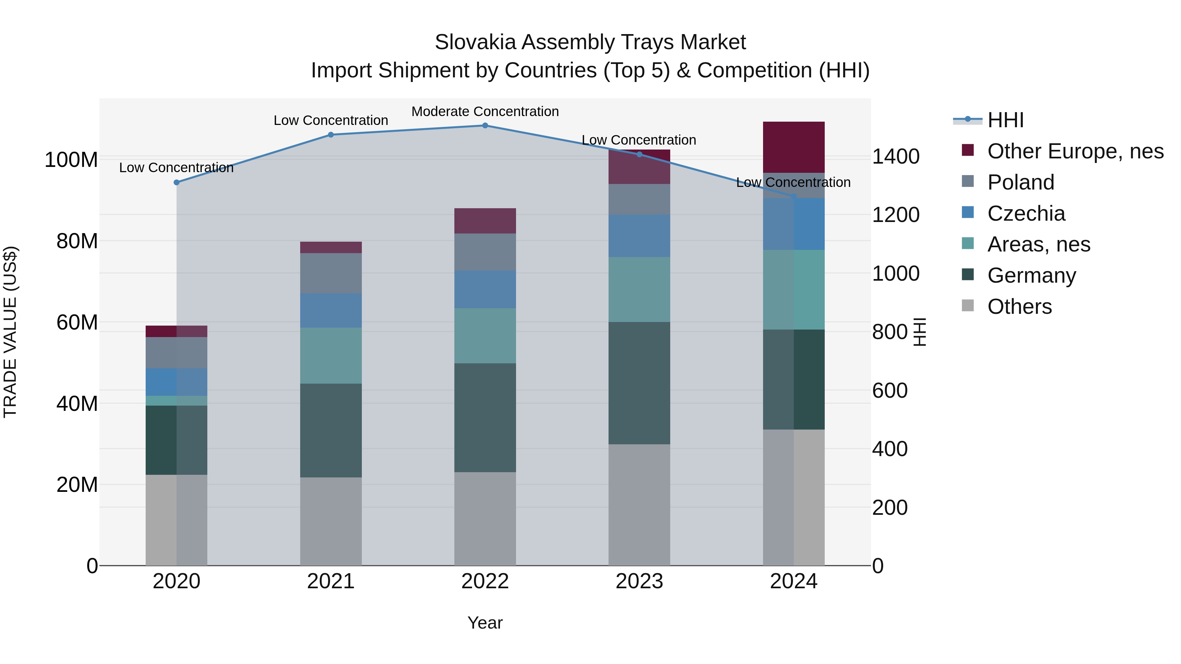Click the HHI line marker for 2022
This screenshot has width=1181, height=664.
[x=485, y=126]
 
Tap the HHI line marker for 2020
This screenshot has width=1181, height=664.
[x=176, y=182]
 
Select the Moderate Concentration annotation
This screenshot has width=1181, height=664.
[x=485, y=112]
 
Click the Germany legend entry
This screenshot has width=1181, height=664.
[x=1031, y=276]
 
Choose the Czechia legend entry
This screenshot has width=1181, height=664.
[x=1026, y=213]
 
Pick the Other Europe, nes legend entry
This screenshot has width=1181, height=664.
[x=1075, y=151]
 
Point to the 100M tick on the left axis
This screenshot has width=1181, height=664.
[x=71, y=160]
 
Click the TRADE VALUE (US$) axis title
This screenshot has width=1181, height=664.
[x=10, y=332]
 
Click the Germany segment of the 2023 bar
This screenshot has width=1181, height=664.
[x=639, y=383]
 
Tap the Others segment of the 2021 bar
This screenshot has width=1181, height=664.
[x=331, y=521]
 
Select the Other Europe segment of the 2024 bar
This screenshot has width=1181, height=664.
[x=794, y=147]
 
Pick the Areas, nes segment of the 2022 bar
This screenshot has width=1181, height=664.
[x=485, y=336]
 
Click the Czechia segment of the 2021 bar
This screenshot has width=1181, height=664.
[x=331, y=310]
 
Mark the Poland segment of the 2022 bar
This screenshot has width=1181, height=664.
[x=485, y=252]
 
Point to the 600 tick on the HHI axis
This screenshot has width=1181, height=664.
[x=889, y=391]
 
